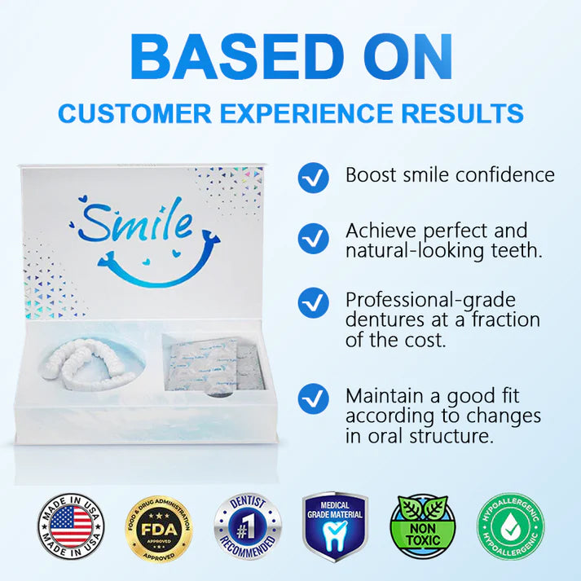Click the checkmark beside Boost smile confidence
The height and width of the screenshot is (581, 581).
pos(312,176)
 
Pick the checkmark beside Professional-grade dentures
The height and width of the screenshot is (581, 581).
pos(312,302)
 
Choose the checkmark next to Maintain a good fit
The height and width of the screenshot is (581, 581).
pos(312,399)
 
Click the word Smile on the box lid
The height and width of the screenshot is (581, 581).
pos(136,220)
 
